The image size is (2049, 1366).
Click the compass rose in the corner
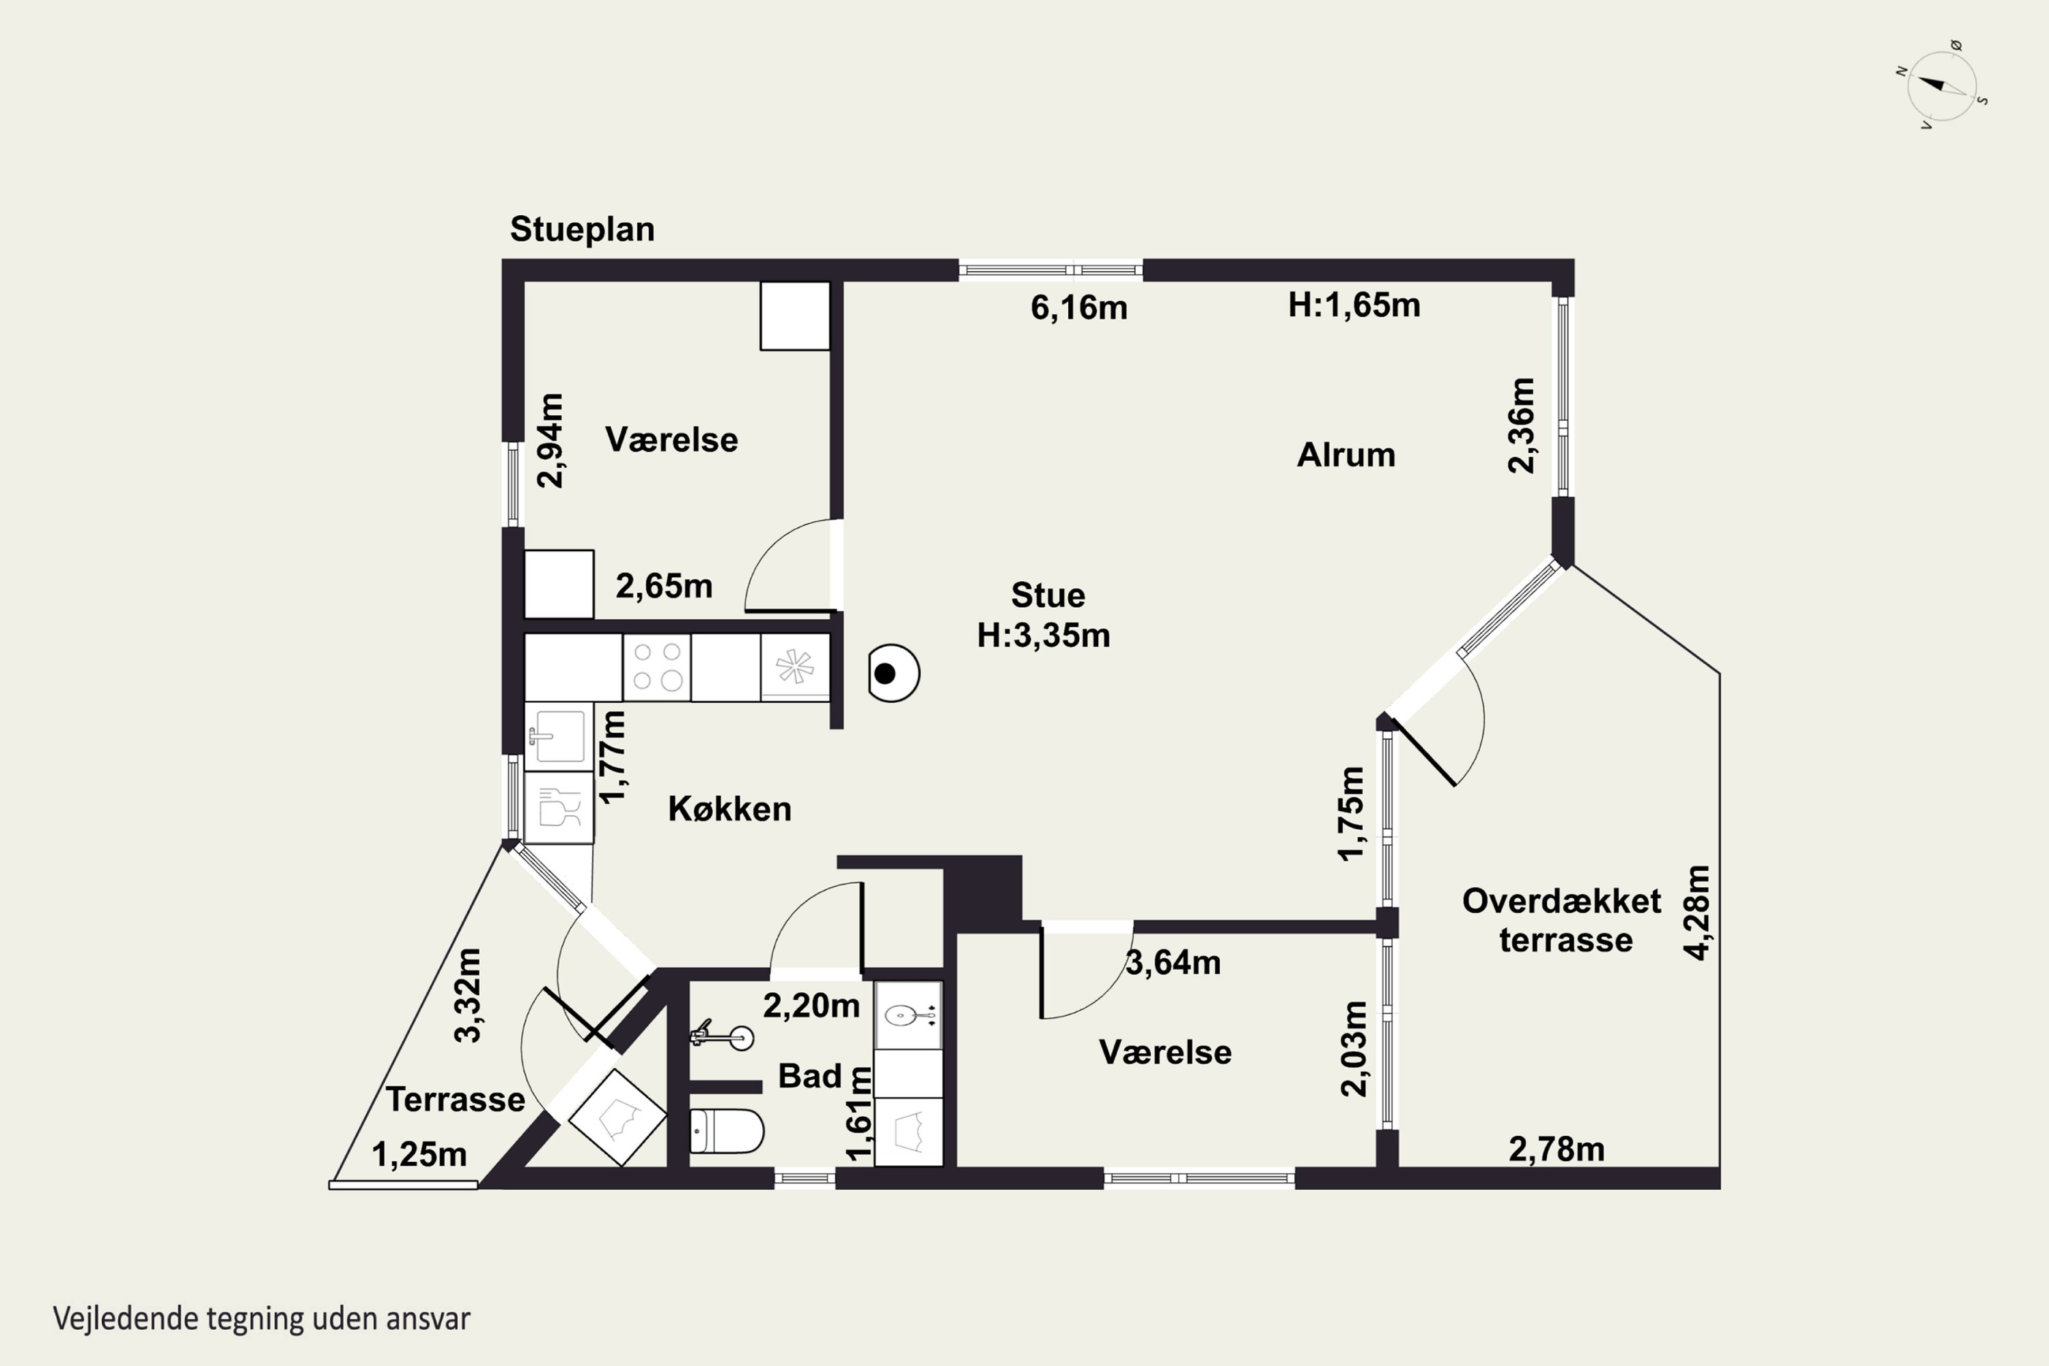click(1942, 86)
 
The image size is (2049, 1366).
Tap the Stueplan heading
click(582, 229)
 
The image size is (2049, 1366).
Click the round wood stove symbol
click(894, 673)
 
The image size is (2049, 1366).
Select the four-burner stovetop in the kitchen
click(657, 667)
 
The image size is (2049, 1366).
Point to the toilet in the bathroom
click(727, 1131)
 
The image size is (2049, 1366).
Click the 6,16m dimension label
click(1078, 307)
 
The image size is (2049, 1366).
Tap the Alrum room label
click(1346, 455)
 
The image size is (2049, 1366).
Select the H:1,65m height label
click(1354, 305)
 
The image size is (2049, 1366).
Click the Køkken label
click(729, 809)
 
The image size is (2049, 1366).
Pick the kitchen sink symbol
click(559, 736)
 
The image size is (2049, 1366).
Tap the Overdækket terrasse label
click(1562, 920)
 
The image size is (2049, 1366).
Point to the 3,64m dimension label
click(1173, 962)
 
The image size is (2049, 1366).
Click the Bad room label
click(809, 1076)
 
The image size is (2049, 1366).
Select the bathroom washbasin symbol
click(908, 1015)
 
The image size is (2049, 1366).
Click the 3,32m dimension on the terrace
click(468, 995)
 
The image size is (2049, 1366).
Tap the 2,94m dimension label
click(550, 441)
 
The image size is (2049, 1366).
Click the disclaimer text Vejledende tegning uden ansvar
click(262, 1318)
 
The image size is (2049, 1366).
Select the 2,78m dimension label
click(1557, 1150)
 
